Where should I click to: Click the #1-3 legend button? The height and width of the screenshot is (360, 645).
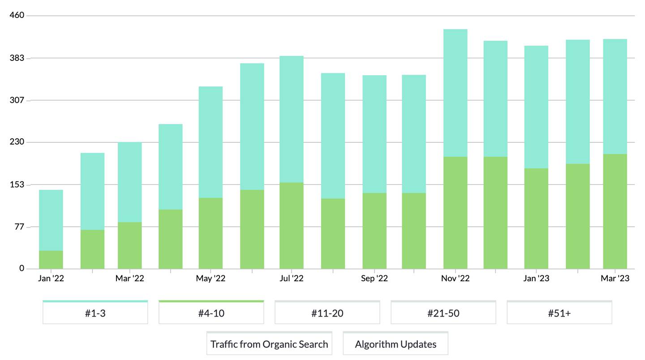(x=95, y=313)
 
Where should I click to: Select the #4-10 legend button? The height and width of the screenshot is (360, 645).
(x=211, y=313)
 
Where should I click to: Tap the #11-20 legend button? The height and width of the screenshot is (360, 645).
(x=327, y=313)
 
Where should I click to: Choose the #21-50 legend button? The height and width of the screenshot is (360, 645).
(x=443, y=313)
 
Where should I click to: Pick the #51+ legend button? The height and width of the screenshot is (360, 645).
(x=559, y=313)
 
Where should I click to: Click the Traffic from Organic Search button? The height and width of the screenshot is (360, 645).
(x=269, y=344)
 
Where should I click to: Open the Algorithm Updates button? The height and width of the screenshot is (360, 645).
(x=396, y=344)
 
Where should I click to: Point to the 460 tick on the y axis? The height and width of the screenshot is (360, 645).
(x=17, y=16)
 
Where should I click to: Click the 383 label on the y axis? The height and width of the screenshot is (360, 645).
(x=17, y=58)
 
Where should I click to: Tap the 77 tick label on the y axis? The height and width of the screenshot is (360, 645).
(x=19, y=227)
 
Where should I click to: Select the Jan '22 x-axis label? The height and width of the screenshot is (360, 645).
(x=51, y=279)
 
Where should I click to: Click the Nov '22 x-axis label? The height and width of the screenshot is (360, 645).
(x=455, y=279)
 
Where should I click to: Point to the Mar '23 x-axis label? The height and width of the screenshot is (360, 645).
(x=615, y=279)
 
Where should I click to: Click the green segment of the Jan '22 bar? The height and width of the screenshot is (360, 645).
(x=51, y=260)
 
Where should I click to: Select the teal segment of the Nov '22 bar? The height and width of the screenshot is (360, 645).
(x=455, y=93)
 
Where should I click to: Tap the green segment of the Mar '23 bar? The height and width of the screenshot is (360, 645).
(x=615, y=211)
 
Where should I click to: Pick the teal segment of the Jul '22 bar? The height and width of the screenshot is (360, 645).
(x=291, y=119)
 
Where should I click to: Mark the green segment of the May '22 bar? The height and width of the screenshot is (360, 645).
(x=211, y=233)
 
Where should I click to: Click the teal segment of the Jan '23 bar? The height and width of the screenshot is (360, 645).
(x=536, y=107)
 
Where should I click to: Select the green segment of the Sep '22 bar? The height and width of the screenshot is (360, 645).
(x=374, y=231)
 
